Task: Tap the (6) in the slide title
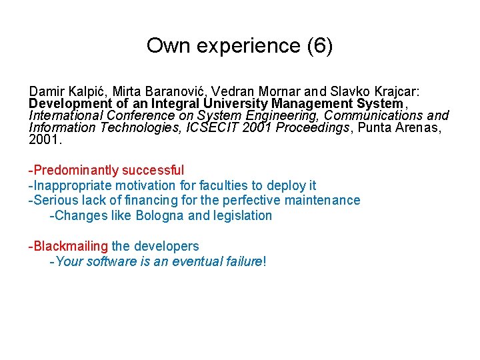point(317,46)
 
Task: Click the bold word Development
point(65,103)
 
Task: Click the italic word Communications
point(368,115)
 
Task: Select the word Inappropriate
point(69,185)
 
